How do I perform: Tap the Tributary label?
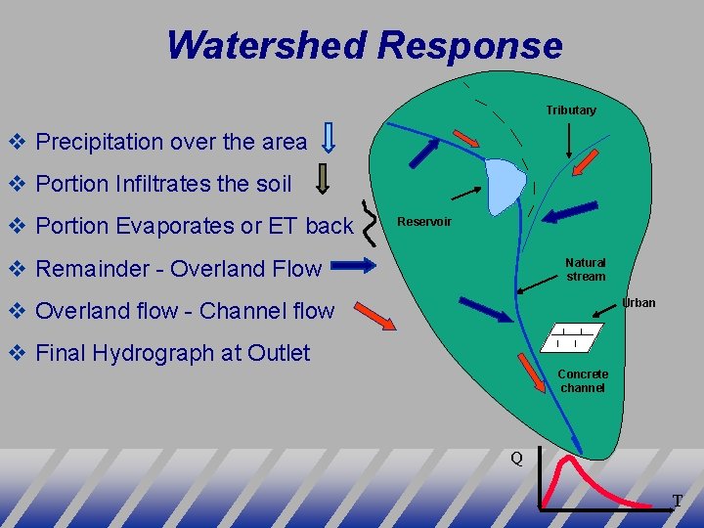[570, 110]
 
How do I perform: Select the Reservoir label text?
[423, 222]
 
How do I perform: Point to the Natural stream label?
[585, 270]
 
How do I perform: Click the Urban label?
[638, 303]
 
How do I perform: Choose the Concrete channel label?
[582, 381]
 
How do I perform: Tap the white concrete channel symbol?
[568, 337]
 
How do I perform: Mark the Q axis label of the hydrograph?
[516, 458]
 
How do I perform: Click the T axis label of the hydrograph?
[677, 501]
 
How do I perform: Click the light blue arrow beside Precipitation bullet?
[330, 139]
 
